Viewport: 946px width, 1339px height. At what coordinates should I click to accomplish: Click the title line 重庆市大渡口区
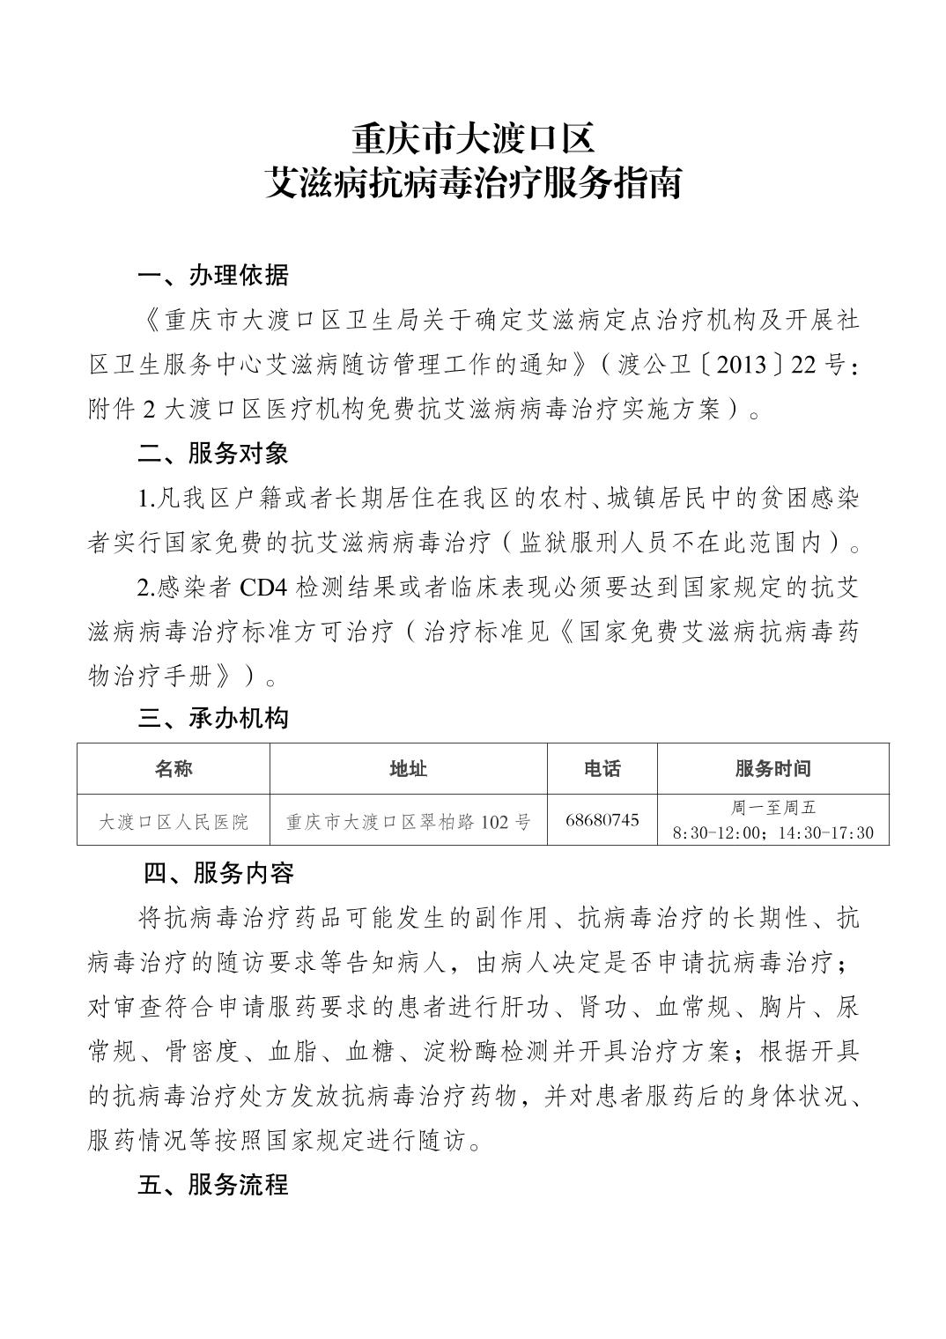click(473, 138)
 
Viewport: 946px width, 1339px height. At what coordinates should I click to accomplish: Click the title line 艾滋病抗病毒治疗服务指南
click(473, 184)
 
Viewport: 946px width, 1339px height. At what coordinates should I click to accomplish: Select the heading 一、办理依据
click(213, 276)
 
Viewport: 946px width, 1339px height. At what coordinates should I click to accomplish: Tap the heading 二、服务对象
click(213, 454)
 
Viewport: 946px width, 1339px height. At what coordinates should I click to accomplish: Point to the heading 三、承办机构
click(213, 719)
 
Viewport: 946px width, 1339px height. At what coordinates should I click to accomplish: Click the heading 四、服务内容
click(218, 874)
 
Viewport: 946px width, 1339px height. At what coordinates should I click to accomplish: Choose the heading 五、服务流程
click(213, 1186)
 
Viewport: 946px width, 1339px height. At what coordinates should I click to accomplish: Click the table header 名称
click(174, 769)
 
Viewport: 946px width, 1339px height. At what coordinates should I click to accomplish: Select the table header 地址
click(408, 769)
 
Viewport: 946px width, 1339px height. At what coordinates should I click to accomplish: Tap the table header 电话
click(602, 769)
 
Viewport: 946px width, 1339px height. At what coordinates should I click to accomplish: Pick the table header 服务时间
click(772, 769)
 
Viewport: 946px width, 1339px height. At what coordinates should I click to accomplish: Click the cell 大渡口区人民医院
click(174, 822)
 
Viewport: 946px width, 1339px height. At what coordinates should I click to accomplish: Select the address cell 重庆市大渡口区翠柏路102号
click(408, 822)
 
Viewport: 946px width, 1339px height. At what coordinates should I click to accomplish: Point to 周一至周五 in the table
click(772, 808)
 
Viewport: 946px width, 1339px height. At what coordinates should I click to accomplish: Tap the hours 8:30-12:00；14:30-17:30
click(772, 832)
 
